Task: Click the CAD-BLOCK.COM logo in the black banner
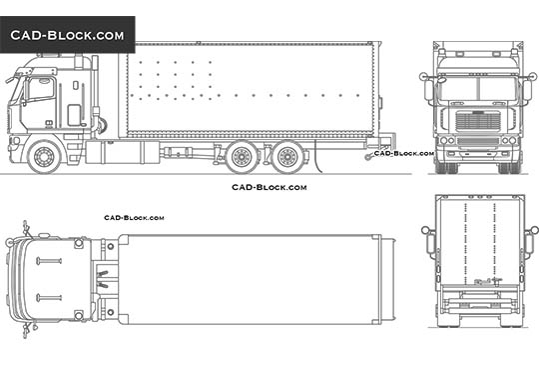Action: pos(68,35)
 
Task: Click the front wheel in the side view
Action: pos(45,157)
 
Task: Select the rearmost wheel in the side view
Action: pos(289,158)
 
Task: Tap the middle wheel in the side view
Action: pos(241,158)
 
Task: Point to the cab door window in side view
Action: pos(41,89)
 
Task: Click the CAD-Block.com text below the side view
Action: pos(269,187)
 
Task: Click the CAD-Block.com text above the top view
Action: pos(134,217)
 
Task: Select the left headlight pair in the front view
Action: pos(448,140)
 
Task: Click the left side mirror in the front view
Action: pos(429,90)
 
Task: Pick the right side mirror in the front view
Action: pos(527,90)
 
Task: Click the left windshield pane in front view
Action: pos(460,89)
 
